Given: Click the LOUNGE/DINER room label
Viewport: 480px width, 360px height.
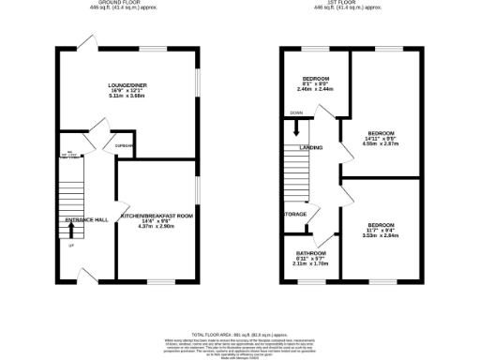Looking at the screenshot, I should pyautogui.click(x=127, y=85).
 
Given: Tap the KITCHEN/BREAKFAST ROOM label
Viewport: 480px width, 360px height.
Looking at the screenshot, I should pyautogui.click(x=156, y=215).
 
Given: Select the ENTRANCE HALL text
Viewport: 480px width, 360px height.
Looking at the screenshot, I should pyautogui.click(x=86, y=219).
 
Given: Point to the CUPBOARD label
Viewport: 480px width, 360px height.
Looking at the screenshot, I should pyautogui.click(x=125, y=145).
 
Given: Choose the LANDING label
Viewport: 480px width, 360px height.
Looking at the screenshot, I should pyautogui.click(x=310, y=148).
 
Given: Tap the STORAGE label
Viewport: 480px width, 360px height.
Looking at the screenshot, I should pyautogui.click(x=295, y=213).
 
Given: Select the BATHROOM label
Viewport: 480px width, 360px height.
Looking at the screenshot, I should pyautogui.click(x=311, y=254).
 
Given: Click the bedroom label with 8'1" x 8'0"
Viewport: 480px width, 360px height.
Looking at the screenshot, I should pyautogui.click(x=315, y=78).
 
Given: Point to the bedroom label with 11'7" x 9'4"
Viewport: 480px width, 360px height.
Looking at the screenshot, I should pyautogui.click(x=381, y=226).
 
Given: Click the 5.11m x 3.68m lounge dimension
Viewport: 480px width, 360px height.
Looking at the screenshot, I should pyautogui.click(x=127, y=97).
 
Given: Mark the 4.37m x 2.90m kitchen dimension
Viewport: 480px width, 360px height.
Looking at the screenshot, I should pyautogui.click(x=156, y=227).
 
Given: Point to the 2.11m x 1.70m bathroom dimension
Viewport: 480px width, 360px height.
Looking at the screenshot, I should pyautogui.click(x=311, y=265).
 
